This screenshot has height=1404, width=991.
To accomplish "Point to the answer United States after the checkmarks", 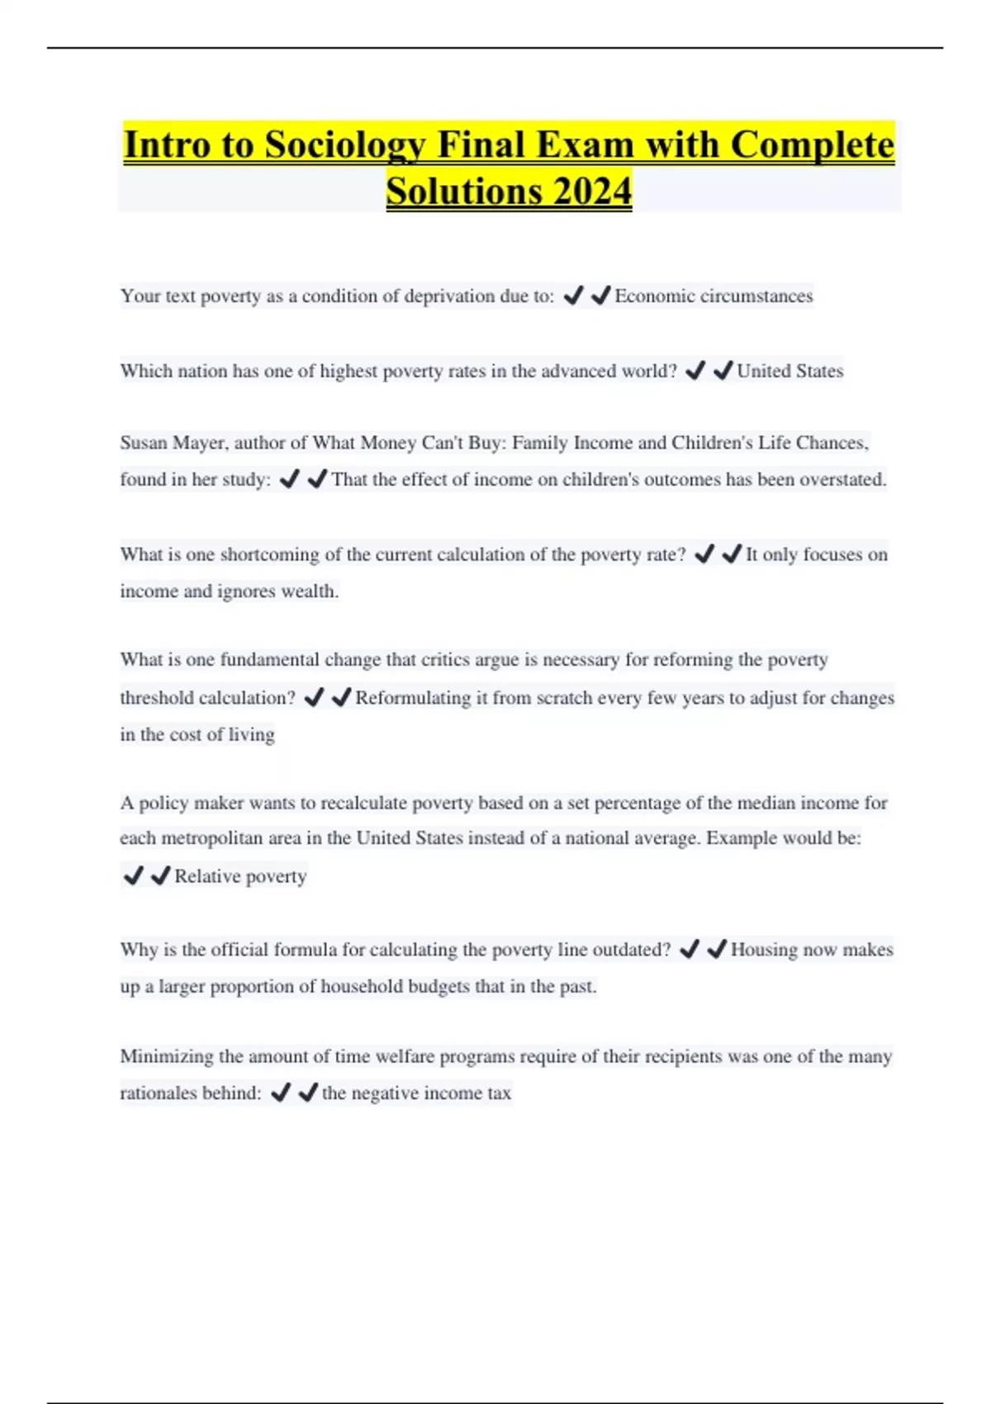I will (x=789, y=371).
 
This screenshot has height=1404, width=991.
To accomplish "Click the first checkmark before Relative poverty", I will (x=133, y=875).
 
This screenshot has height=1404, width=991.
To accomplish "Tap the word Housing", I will (x=764, y=950).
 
